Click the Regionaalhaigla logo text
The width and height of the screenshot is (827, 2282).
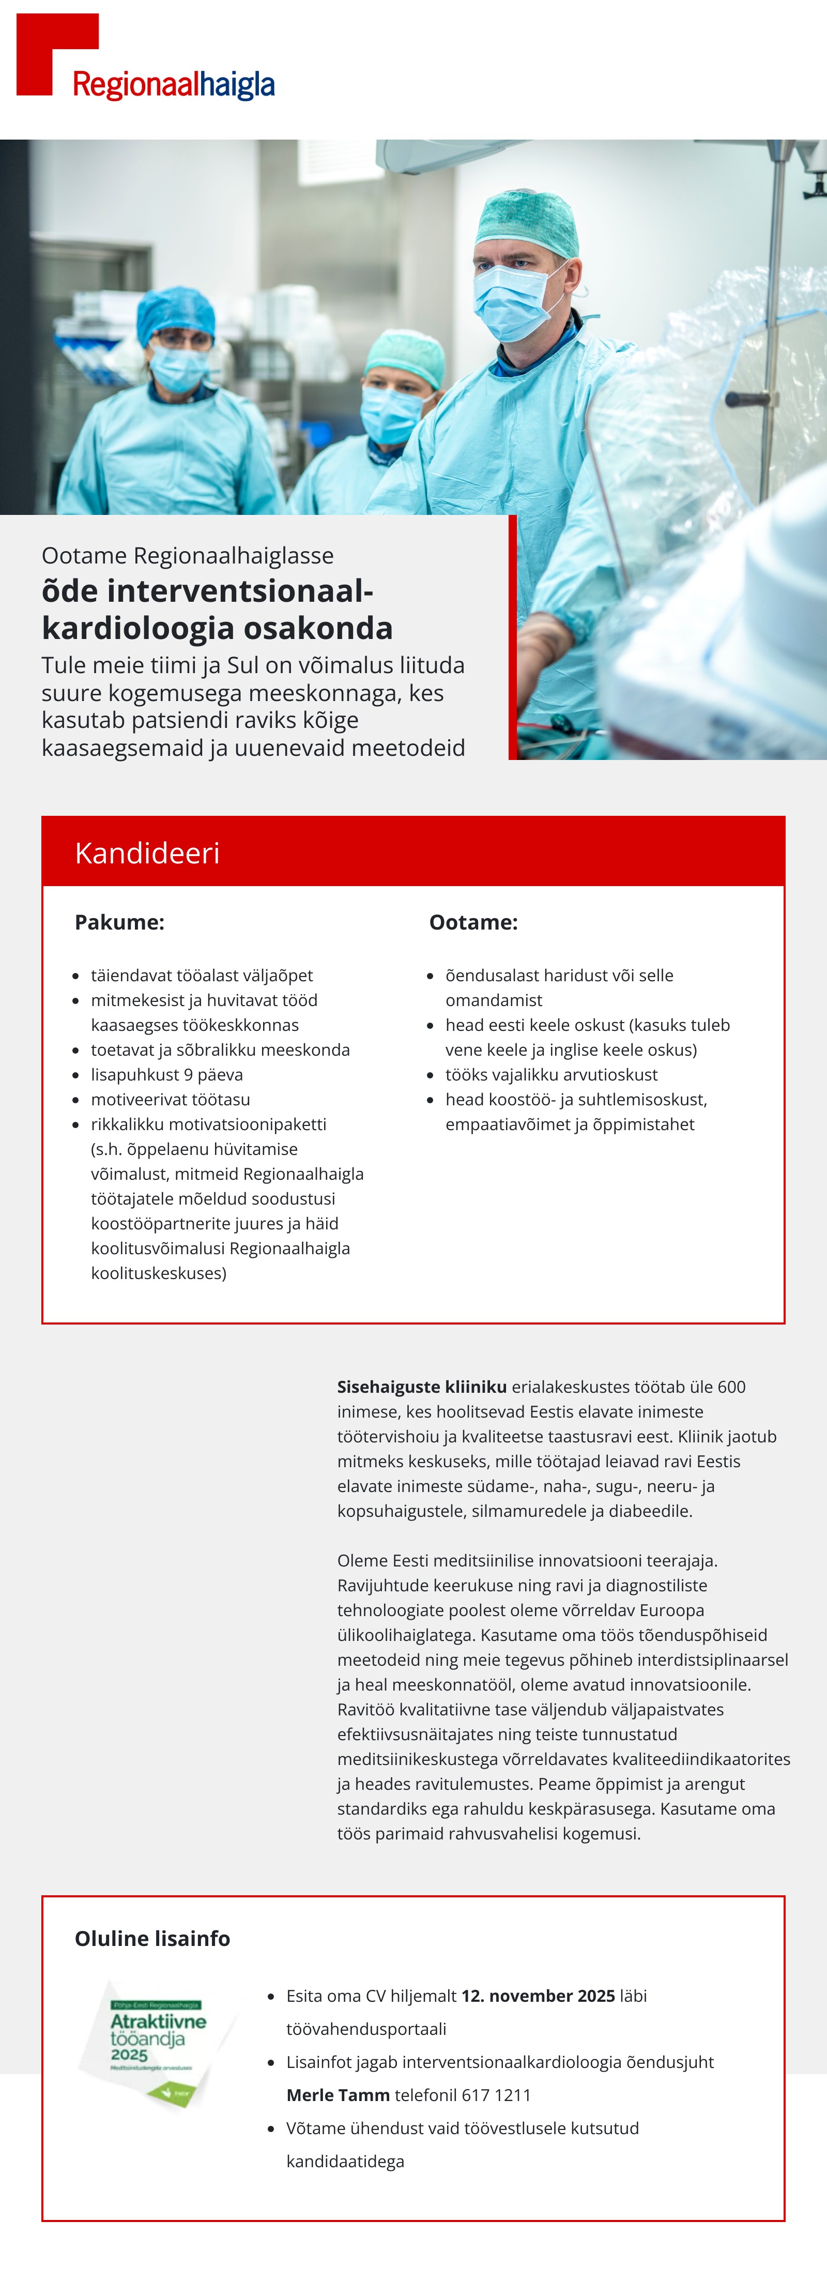174,85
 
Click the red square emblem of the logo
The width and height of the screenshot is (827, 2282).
44,49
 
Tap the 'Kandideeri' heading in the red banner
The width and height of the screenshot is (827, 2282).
147,853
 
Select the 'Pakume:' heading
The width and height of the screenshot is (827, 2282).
119,922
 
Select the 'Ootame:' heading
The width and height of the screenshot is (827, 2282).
473,922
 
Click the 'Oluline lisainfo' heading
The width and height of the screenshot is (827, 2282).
152,1938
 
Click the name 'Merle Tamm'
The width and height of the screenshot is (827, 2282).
338,2095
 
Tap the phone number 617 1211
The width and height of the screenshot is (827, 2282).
496,2095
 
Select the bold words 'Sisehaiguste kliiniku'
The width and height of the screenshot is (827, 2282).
421,1387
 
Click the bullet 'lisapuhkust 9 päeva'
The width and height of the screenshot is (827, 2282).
166,1074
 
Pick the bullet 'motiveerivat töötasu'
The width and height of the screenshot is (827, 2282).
170,1099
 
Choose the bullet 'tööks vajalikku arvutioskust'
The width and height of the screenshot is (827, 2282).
551,1074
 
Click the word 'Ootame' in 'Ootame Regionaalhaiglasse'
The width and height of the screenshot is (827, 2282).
84,555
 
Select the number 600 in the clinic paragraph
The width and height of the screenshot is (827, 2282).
731,1387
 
